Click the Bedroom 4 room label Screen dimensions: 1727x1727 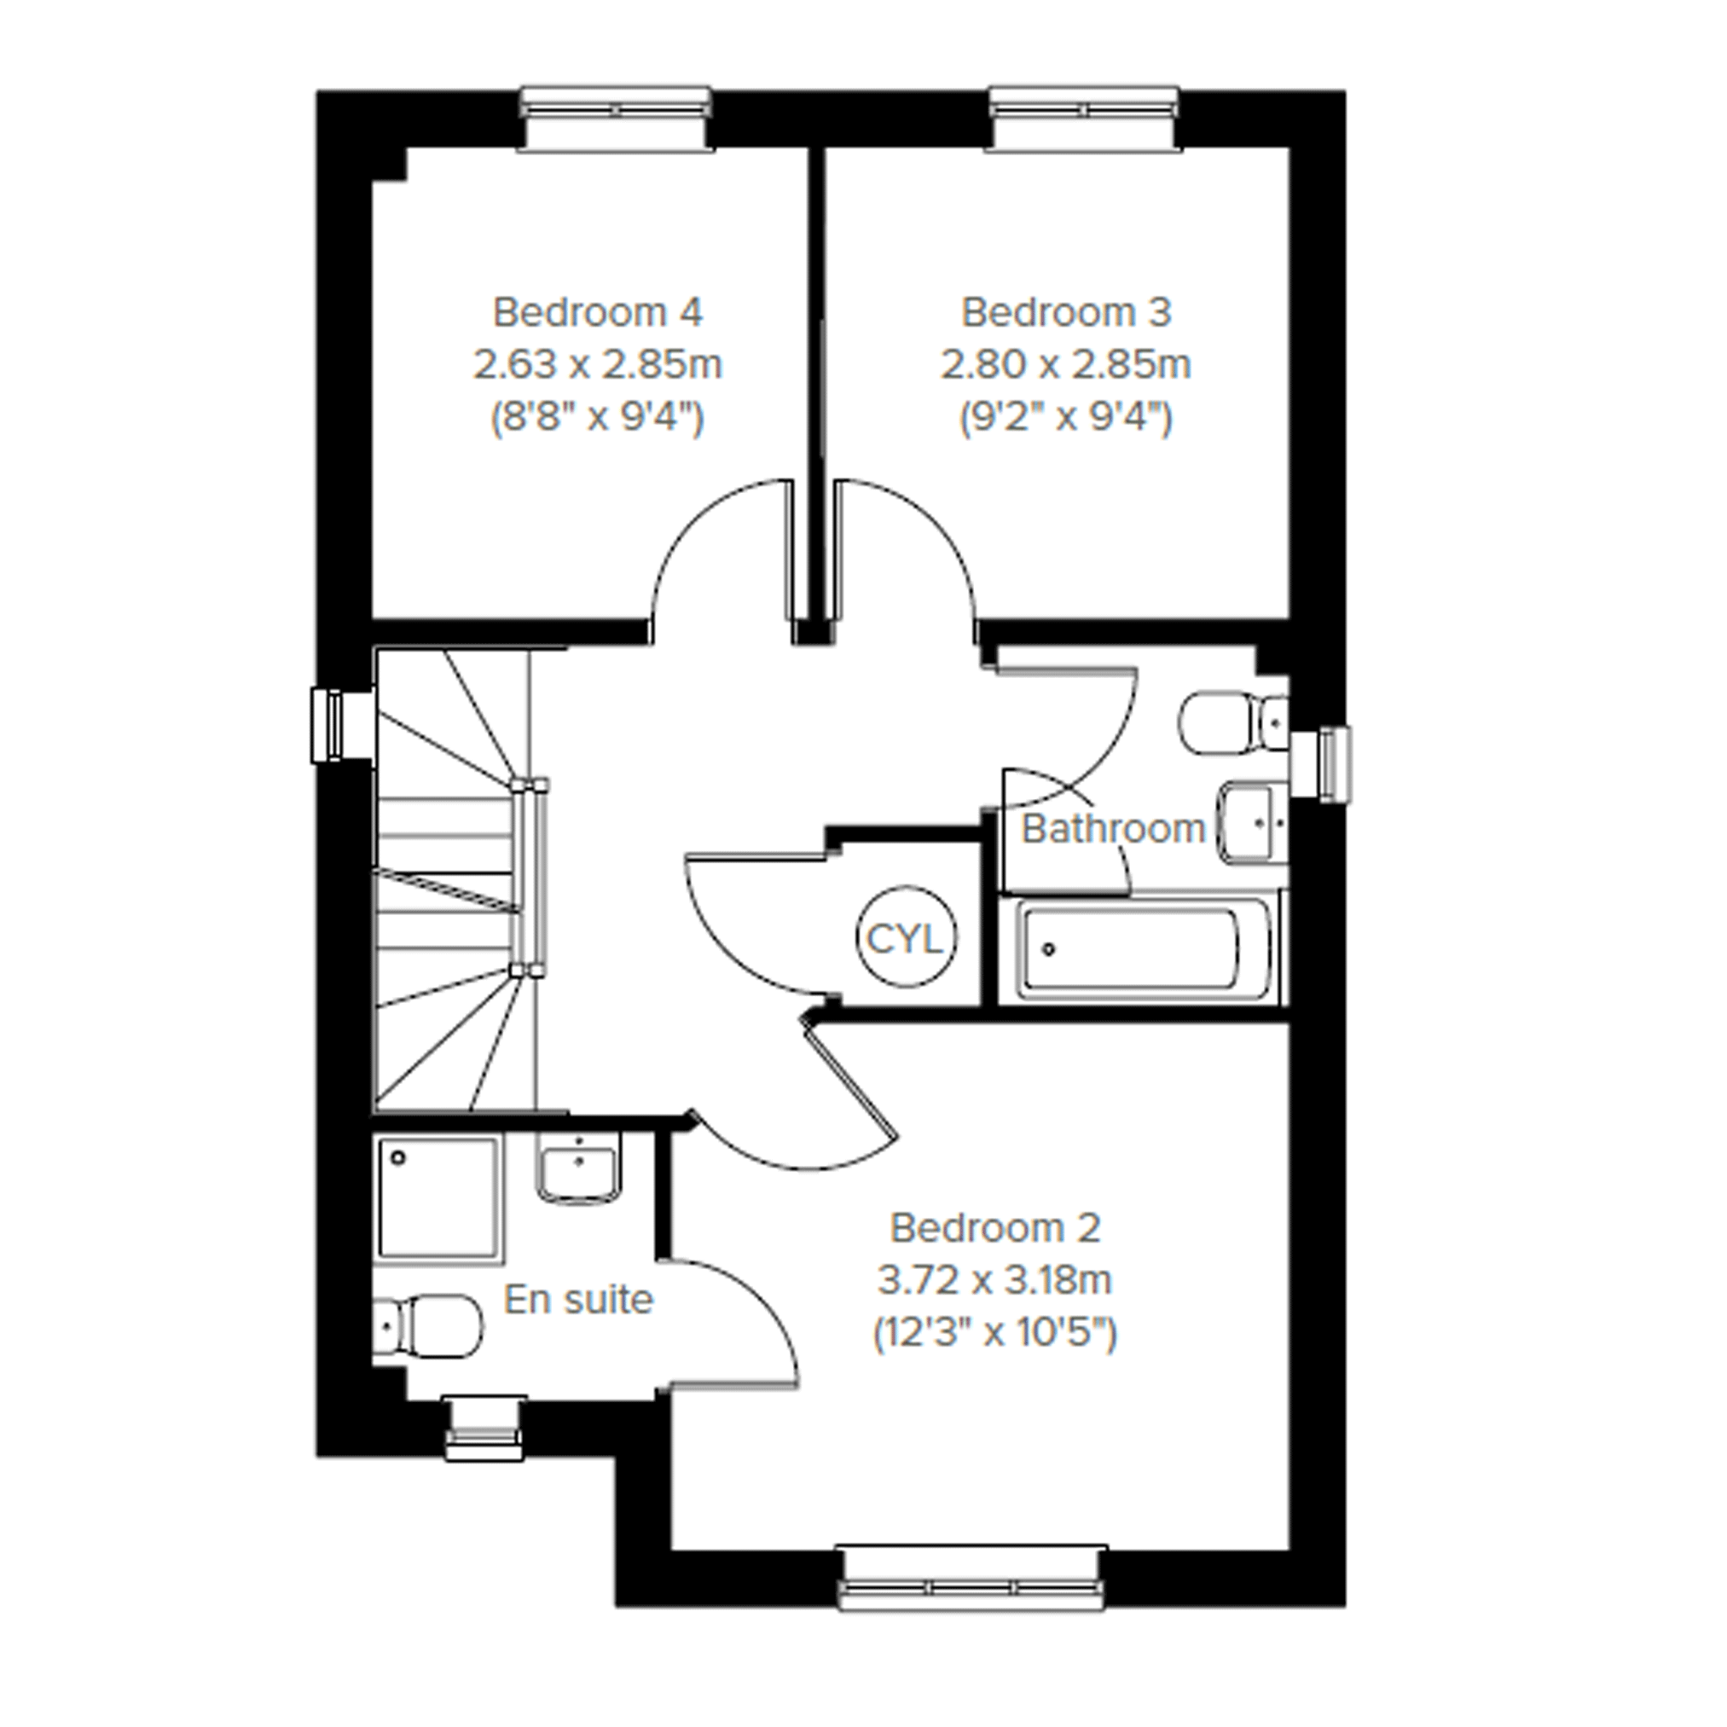(597, 312)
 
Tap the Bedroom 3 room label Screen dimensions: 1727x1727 (1065, 312)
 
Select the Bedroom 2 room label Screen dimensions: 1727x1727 (995, 1228)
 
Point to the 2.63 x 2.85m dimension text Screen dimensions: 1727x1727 (597, 364)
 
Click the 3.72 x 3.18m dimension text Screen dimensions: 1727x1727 (994, 1281)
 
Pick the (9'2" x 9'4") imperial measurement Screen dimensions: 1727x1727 (1065, 417)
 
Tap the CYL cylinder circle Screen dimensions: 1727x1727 (906, 937)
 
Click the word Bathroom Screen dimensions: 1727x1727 (1114, 829)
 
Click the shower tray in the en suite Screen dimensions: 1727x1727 (438, 1200)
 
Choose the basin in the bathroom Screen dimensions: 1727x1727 (1255, 821)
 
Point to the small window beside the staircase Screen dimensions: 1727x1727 (340, 724)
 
